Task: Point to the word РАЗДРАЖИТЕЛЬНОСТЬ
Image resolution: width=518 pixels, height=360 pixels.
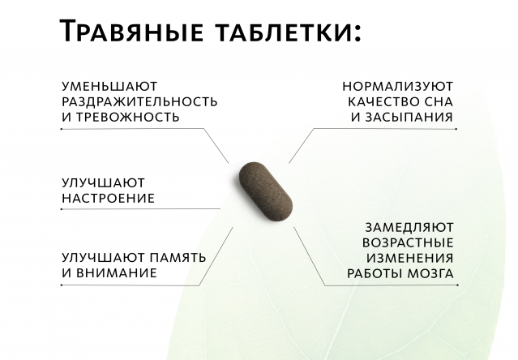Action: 139,101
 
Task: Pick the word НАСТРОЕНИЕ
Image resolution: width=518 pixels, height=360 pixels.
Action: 108,198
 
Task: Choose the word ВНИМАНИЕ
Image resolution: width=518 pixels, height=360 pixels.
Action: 117,273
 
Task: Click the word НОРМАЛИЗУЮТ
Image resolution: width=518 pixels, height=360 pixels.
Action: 396,85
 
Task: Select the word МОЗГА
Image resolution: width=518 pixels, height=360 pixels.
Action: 429,273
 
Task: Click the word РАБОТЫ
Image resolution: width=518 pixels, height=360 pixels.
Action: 374,273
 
